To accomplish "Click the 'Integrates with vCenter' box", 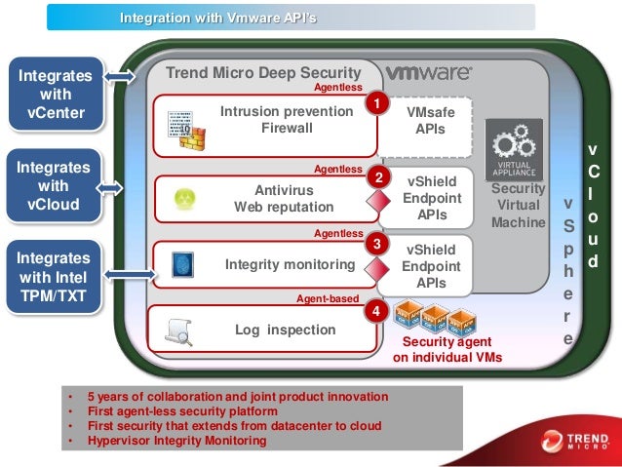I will (55, 95).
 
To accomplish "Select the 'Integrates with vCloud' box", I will (55, 184).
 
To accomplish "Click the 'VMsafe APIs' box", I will (430, 121).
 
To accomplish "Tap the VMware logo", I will (429, 73).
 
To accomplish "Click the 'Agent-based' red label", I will (328, 298).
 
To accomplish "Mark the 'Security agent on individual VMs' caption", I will (447, 350).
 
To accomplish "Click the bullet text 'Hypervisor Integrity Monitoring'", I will (176, 441).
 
